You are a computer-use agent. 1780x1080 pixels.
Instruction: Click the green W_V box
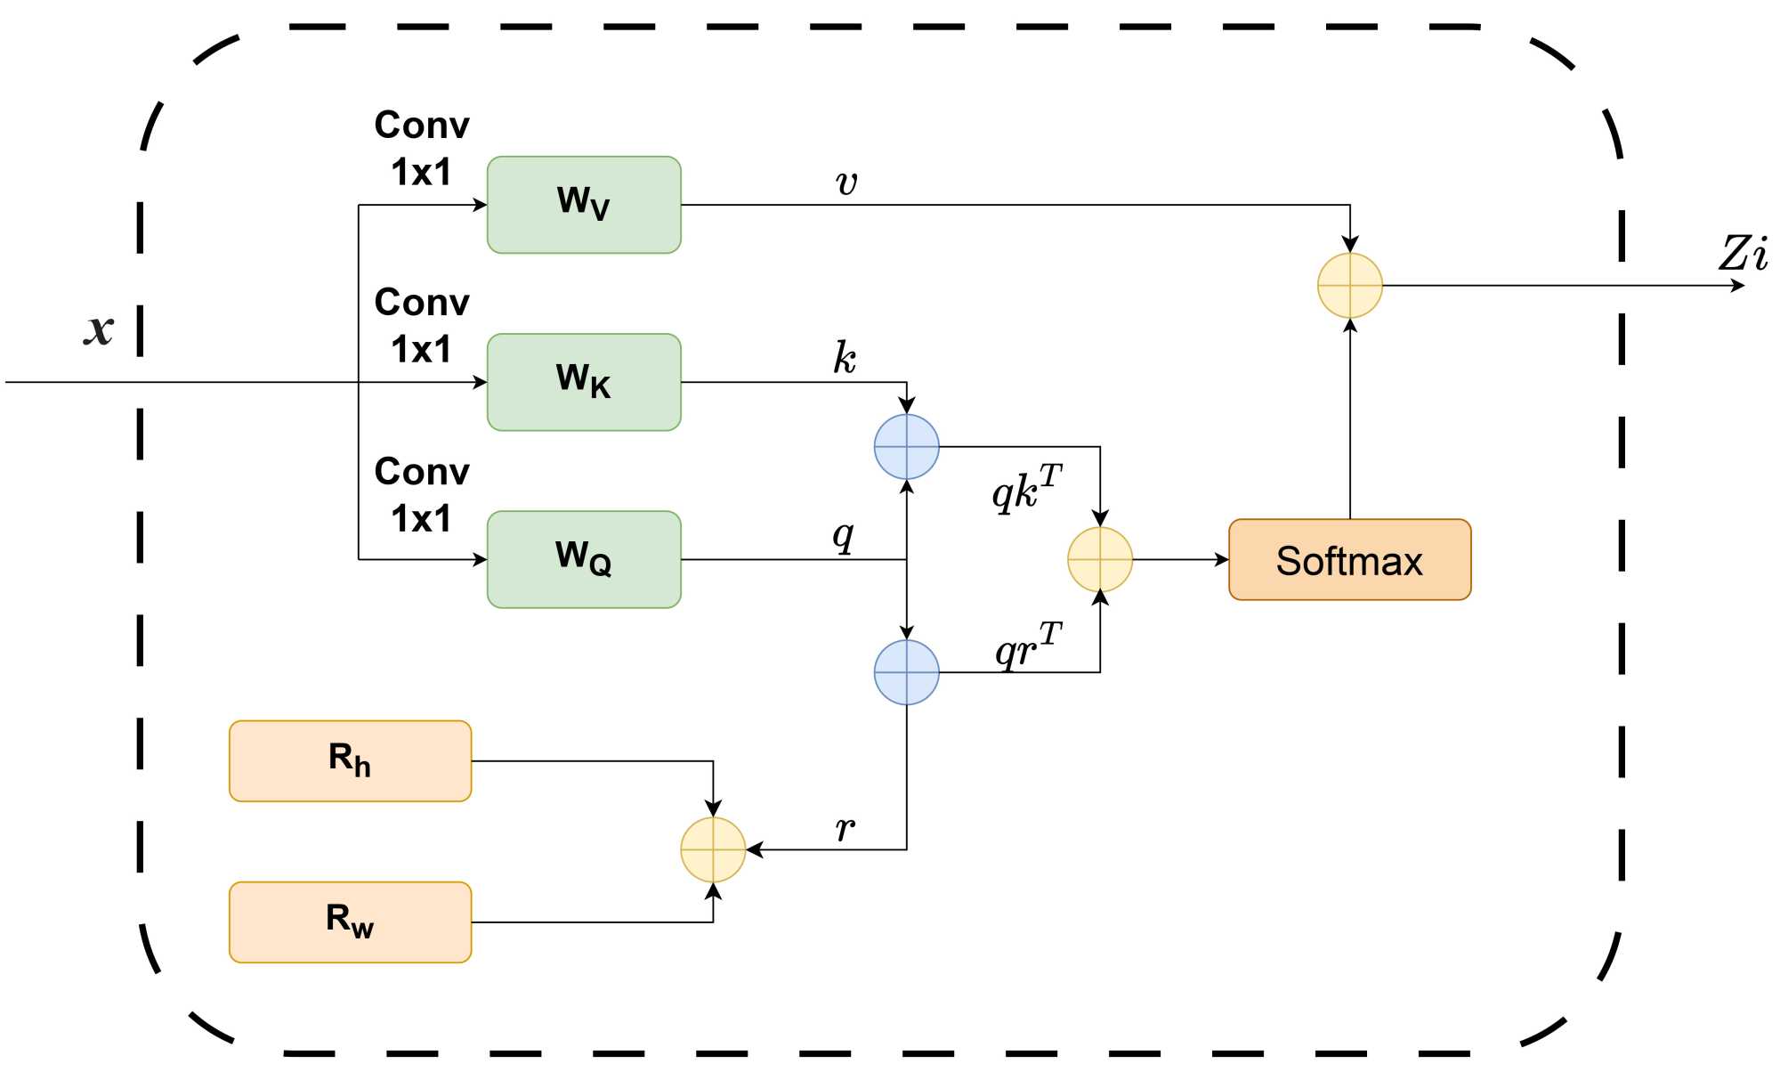tap(584, 205)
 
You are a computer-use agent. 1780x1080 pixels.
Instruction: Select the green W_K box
tap(584, 382)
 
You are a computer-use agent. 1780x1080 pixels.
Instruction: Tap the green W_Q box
tap(584, 559)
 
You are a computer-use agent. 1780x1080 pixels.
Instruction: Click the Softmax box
tap(1349, 560)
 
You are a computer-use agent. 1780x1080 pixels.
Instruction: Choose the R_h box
tap(350, 761)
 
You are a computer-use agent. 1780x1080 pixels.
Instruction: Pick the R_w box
tap(350, 922)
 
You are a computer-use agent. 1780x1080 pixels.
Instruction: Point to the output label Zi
tap(1743, 253)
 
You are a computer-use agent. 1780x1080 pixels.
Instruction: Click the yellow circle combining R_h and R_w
tap(713, 849)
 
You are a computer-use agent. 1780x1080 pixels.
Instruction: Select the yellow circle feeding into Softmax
tap(1100, 560)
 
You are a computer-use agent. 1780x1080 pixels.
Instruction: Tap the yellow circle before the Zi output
tap(1350, 286)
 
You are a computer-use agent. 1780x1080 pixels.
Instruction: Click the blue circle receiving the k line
tap(907, 447)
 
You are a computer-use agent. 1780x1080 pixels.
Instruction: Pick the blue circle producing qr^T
tap(907, 672)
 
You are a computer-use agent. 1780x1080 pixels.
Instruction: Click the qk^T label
tap(1027, 488)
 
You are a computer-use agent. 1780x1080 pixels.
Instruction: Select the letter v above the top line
tap(846, 183)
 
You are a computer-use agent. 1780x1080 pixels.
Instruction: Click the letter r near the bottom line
tap(845, 829)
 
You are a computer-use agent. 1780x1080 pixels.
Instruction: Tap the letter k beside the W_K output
tap(845, 358)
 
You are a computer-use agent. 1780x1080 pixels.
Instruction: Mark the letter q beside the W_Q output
tap(843, 536)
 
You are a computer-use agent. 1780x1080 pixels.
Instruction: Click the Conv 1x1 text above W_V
tap(422, 148)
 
